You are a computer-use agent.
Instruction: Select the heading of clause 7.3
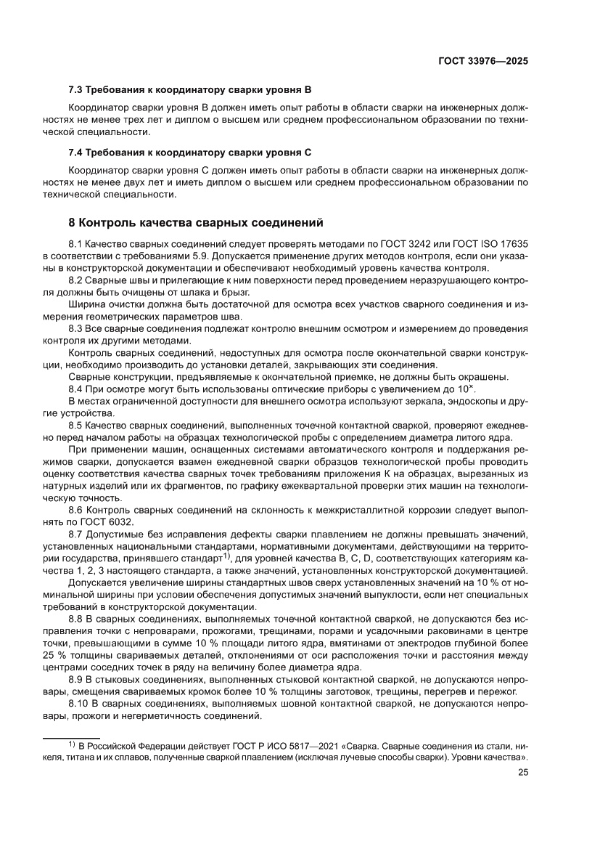pos(189,91)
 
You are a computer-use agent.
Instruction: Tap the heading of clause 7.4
pos(189,153)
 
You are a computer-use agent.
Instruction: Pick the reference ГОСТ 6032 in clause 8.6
pos(112,523)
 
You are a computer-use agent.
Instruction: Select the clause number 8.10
pos(80,704)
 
